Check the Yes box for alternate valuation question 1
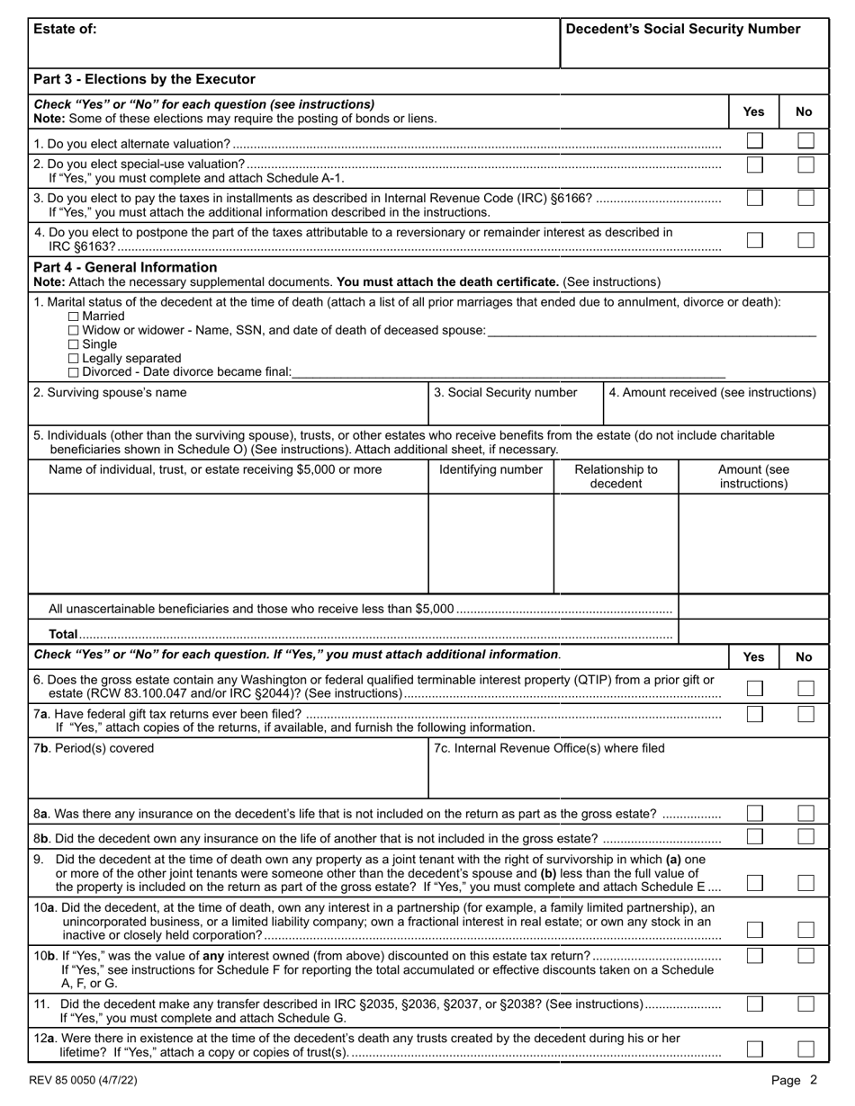754,141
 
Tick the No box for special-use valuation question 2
805,165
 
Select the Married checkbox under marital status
74,317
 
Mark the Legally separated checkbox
74,358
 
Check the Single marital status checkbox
74,344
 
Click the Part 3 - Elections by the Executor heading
144,79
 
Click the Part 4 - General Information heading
125,267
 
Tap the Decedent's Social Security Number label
683,29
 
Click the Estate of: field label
65,29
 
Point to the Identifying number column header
490,469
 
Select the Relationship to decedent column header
616,477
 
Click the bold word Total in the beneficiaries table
63,634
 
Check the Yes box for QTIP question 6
754,688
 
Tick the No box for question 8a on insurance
805,813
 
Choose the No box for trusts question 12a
805,1048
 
